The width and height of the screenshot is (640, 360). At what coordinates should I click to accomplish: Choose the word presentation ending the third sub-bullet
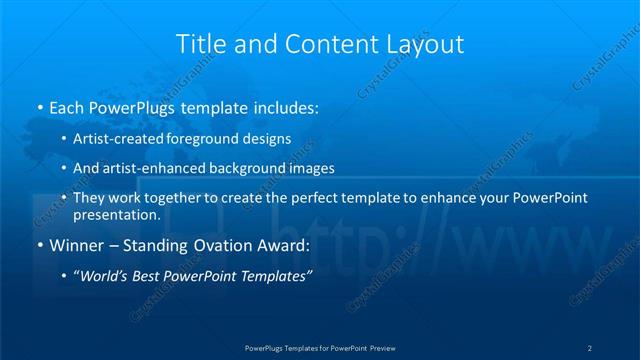point(116,214)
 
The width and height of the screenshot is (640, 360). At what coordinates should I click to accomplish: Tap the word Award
point(286,244)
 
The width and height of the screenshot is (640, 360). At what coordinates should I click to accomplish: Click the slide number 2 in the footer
point(590,347)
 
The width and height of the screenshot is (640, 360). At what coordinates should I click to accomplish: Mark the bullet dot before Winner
point(39,245)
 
